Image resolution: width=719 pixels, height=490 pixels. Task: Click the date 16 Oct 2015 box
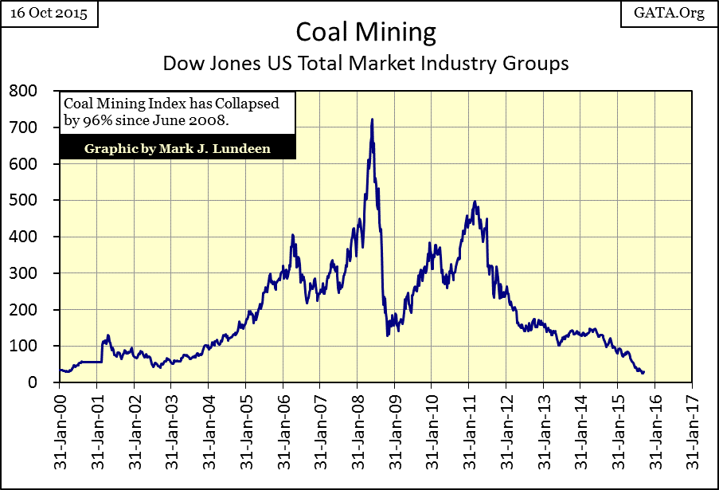[50, 14]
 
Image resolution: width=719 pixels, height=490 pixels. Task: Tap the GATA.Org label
[670, 14]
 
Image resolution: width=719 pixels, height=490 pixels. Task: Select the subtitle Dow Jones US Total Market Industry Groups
[366, 63]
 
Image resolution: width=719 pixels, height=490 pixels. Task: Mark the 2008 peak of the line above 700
[372, 120]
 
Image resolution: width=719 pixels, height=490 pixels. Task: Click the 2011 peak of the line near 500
[475, 202]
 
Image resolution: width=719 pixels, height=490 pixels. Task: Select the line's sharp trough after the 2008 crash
[388, 335]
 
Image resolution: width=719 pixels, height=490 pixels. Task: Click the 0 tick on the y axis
[32, 382]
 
